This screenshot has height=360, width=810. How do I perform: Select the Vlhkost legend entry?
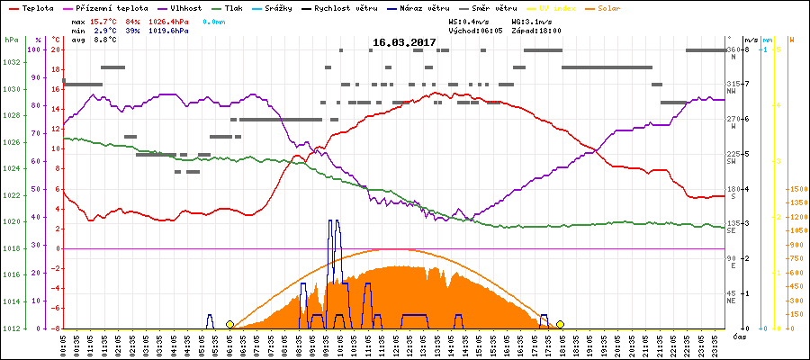click(184, 7)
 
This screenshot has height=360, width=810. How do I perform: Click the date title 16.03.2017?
click(404, 42)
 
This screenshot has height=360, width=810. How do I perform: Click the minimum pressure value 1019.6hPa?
click(169, 30)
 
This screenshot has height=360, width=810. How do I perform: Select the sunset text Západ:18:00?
click(536, 30)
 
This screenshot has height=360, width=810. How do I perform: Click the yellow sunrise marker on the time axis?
click(229, 324)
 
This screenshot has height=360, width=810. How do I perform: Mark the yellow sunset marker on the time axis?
click(560, 324)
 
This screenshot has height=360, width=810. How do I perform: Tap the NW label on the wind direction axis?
click(732, 90)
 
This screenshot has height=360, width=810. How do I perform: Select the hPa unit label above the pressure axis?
click(11, 40)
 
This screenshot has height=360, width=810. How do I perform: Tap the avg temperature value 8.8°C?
click(106, 40)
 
